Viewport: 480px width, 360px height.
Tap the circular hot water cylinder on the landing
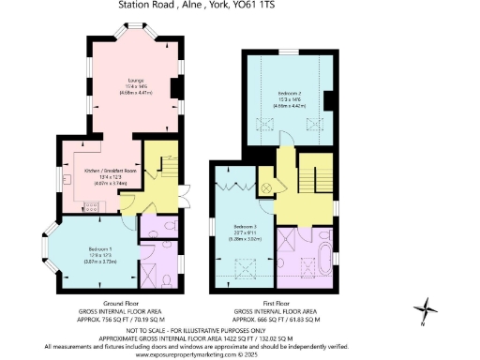tap(266, 187)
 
